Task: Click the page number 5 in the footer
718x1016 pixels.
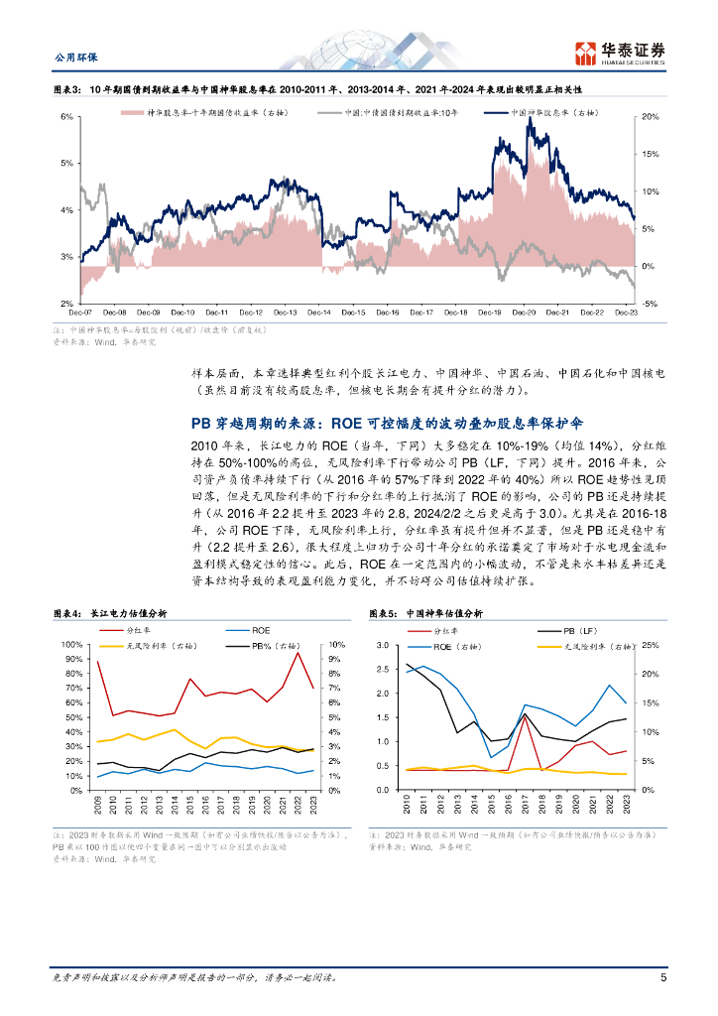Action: pos(662,977)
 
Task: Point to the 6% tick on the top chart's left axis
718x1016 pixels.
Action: pos(67,117)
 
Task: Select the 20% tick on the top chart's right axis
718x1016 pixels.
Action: pos(651,117)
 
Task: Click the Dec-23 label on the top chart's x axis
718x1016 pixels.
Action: pos(626,313)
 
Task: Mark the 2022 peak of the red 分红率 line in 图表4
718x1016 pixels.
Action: pos(298,653)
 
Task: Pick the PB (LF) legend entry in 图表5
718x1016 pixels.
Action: pos(578,630)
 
